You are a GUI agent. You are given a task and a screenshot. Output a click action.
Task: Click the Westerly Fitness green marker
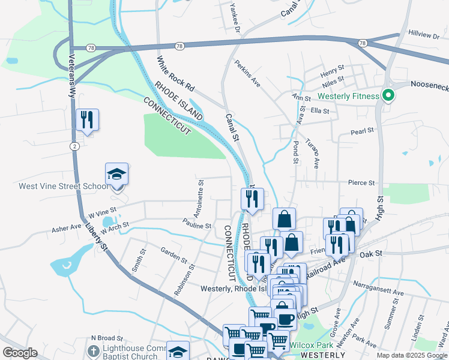[x=388, y=95]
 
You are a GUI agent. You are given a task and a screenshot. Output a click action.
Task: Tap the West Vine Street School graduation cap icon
[x=117, y=175]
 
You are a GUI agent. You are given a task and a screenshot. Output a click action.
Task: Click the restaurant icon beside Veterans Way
[x=87, y=120]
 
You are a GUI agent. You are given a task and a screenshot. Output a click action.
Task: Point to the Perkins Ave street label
[x=247, y=73]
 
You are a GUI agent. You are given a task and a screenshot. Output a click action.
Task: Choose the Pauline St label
[x=197, y=226]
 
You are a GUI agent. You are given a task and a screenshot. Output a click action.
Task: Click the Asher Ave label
[x=66, y=229]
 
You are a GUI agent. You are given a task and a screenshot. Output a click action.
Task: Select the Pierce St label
[x=361, y=182]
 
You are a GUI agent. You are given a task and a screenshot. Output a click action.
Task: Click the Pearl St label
[x=362, y=130]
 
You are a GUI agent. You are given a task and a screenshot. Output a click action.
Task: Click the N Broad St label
[x=106, y=339]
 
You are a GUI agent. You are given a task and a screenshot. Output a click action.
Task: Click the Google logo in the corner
[x=20, y=353]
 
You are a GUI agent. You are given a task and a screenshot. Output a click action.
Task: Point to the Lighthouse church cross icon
[x=93, y=350]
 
